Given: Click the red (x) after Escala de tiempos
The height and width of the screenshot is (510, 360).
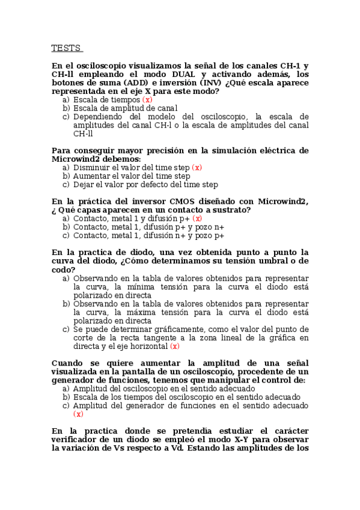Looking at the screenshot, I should click(x=147, y=99).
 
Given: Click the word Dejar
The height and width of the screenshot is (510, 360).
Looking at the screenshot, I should click(x=84, y=185).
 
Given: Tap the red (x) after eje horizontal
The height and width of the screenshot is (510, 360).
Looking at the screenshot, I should click(x=174, y=346).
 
